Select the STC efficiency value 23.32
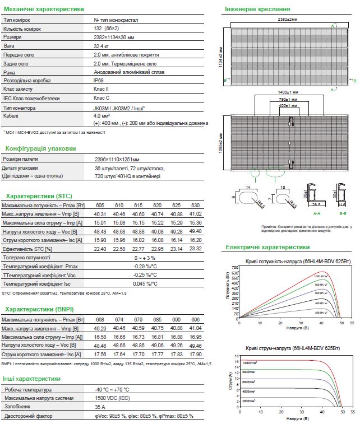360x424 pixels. (x=195, y=249)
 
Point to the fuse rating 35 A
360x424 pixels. (x=99, y=407)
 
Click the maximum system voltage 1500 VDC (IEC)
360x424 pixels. (x=116, y=398)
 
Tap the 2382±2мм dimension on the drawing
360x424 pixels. (x=288, y=19)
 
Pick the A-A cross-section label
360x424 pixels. (x=316, y=213)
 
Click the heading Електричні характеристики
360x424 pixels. (x=267, y=246)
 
